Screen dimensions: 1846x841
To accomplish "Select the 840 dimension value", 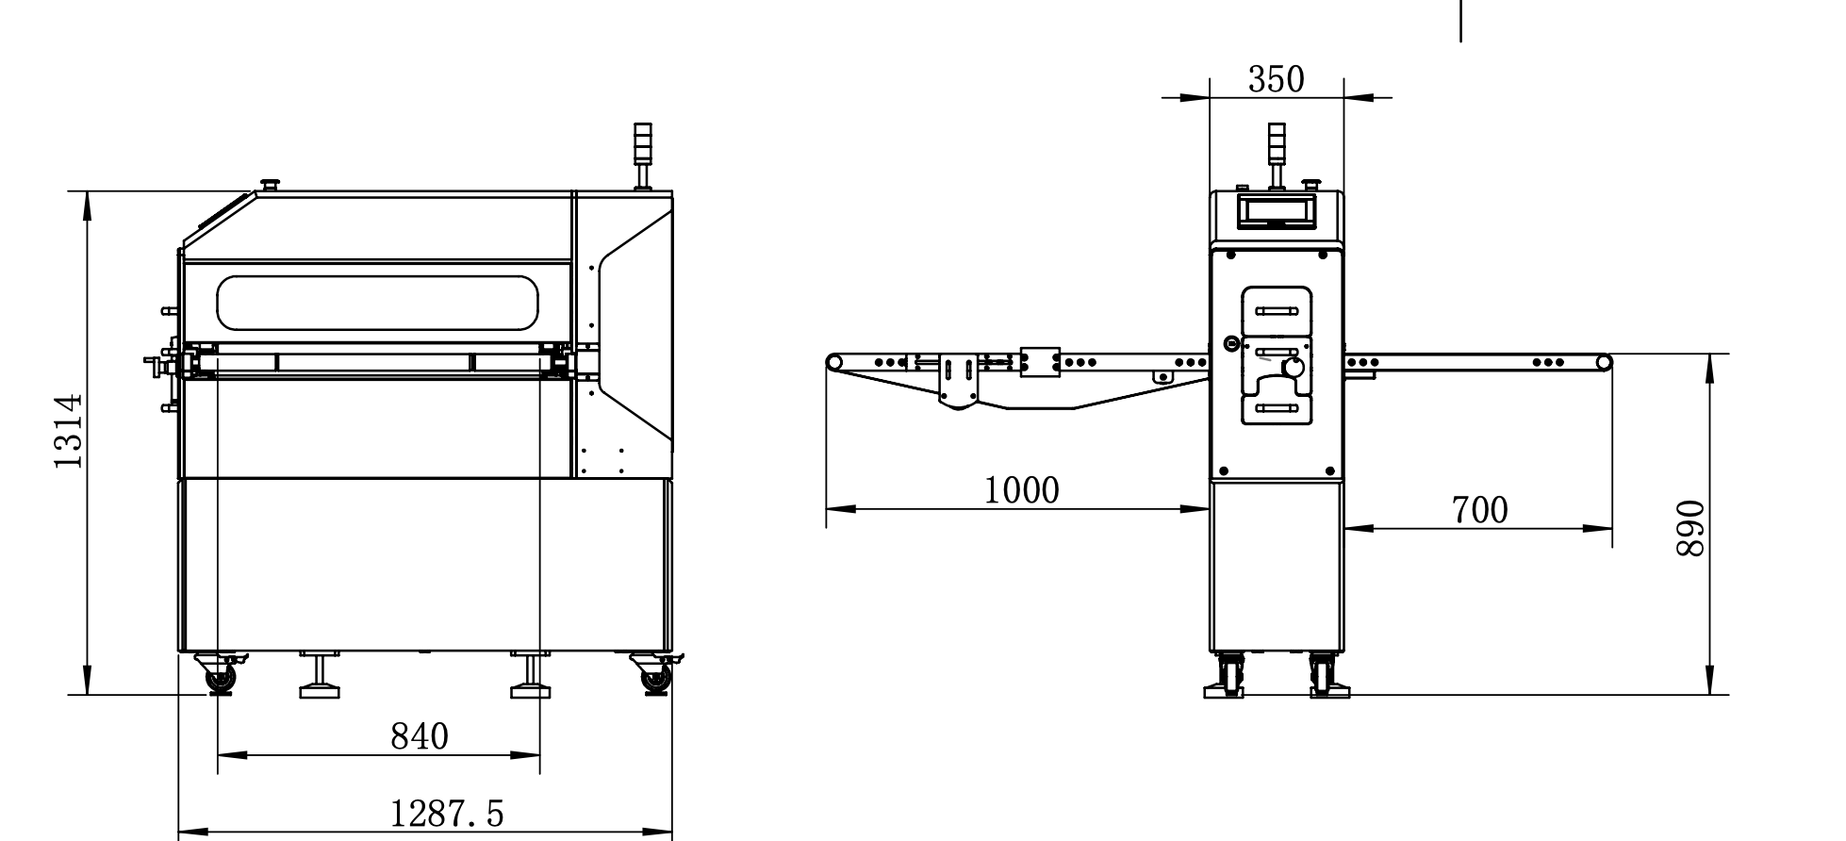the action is tap(420, 736).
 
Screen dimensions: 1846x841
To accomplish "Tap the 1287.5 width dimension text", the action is tap(447, 813).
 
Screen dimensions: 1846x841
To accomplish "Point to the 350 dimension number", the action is tap(1277, 80).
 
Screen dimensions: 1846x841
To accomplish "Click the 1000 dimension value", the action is tap(1022, 490).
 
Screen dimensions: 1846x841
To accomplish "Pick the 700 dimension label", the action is tap(1479, 510).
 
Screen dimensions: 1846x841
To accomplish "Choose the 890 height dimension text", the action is tap(1691, 528).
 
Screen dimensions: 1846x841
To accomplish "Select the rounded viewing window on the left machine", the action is tap(377, 303).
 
